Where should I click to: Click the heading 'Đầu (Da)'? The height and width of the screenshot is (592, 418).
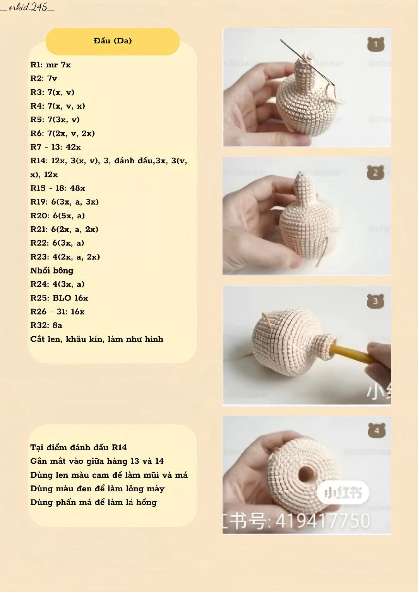(x=113, y=41)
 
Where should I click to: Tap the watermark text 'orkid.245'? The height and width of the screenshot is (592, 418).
(x=27, y=7)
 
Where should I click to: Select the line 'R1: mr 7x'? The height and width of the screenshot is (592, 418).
(x=51, y=65)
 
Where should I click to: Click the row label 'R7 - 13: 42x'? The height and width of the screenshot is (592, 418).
(x=56, y=147)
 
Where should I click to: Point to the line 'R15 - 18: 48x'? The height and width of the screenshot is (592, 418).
(x=58, y=188)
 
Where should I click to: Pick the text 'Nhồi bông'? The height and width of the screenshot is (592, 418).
(x=52, y=270)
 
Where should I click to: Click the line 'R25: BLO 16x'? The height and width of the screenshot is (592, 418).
(x=59, y=298)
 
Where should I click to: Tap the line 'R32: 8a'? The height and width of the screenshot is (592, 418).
(x=46, y=325)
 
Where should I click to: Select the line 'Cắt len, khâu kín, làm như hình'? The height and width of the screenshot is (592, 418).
(x=97, y=339)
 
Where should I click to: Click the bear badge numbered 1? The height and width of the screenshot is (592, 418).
(x=375, y=45)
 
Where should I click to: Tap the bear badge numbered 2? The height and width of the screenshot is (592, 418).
(x=375, y=172)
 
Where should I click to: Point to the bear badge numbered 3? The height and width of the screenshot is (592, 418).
(x=375, y=301)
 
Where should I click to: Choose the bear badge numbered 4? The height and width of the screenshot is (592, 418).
(x=376, y=430)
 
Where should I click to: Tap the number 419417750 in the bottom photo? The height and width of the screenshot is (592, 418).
(x=323, y=521)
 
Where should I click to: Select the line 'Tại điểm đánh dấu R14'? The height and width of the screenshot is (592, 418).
(x=79, y=447)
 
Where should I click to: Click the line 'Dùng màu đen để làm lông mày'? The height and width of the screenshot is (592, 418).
(x=97, y=489)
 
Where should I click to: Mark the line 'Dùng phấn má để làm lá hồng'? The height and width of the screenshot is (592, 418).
(x=93, y=503)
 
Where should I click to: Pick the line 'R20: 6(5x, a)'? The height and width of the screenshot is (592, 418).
(x=57, y=215)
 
